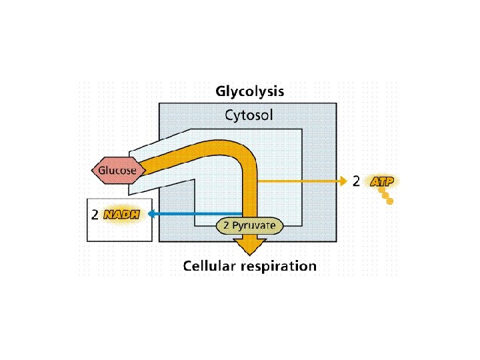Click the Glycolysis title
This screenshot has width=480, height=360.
249,91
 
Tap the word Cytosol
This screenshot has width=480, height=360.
248,115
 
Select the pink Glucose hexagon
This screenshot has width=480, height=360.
117,170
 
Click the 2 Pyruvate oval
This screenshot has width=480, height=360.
250,226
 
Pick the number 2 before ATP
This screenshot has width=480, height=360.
357,181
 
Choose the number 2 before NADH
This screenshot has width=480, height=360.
95,215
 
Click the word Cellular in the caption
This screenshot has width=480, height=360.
213,266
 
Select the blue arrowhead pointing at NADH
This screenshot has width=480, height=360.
152,213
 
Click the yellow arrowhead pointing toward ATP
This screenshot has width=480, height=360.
343,181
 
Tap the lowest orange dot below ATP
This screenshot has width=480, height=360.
390,201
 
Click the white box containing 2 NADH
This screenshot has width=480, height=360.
120,230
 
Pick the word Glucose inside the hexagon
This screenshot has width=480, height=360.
117,170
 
